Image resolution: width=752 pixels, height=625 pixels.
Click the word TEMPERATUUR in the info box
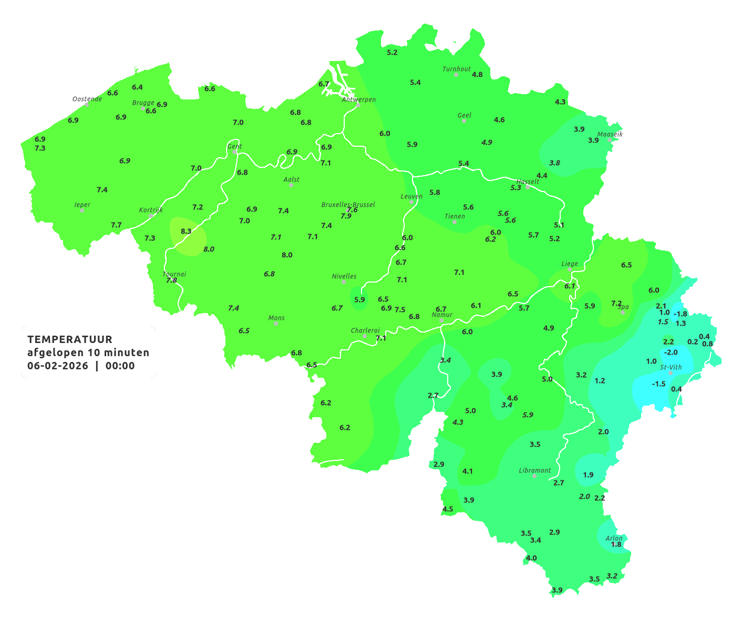tap(70, 339)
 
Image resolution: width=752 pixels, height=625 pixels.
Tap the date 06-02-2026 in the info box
tap(58, 366)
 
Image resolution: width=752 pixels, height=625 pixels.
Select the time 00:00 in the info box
tap(120, 366)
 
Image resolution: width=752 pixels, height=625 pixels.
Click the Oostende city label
tap(87, 99)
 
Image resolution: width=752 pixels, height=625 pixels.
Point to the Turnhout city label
tap(457, 69)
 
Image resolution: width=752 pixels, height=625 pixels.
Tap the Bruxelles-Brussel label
tap(348, 204)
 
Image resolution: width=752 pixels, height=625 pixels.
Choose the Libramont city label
tap(534, 470)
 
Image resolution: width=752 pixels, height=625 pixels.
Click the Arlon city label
tap(613, 538)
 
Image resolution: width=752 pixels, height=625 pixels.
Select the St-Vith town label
tap(671, 367)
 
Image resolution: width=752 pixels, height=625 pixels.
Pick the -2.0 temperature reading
tap(671, 352)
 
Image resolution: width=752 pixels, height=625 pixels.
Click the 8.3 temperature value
tap(186, 231)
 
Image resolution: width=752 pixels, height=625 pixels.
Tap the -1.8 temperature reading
tap(680, 314)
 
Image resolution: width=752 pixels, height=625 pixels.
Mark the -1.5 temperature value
tap(658, 384)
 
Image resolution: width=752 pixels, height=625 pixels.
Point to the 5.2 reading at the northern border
tap(392, 53)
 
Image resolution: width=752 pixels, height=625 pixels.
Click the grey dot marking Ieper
tap(82, 210)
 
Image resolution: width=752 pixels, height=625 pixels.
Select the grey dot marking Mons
tap(276, 324)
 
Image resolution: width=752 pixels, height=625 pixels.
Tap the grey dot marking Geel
tap(464, 121)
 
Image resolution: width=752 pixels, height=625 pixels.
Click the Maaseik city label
tap(610, 134)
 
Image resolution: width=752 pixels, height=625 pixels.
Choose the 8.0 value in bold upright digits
tap(287, 255)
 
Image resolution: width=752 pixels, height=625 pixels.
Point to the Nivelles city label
tap(344, 276)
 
